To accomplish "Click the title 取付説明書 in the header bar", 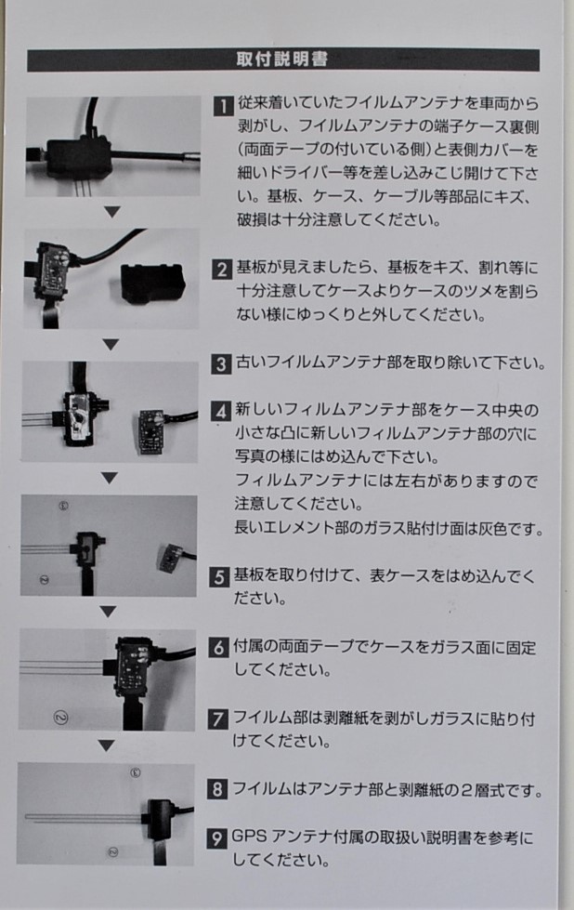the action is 281,59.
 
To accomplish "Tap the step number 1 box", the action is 223,106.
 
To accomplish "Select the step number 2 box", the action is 221,270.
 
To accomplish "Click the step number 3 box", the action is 221,363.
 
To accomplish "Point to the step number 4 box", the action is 220,412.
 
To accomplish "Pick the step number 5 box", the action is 219,577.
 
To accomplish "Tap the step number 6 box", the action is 218,648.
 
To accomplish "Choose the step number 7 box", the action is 217,719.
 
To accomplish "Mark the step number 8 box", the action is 216,790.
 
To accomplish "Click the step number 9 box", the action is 216,838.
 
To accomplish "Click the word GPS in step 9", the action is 249,837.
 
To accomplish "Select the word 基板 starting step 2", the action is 251,268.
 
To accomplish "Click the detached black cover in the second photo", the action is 153,284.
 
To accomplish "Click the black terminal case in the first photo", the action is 78,157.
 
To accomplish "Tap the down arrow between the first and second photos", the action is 112,212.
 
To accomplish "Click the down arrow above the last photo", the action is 106,745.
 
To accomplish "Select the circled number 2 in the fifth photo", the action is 60,718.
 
